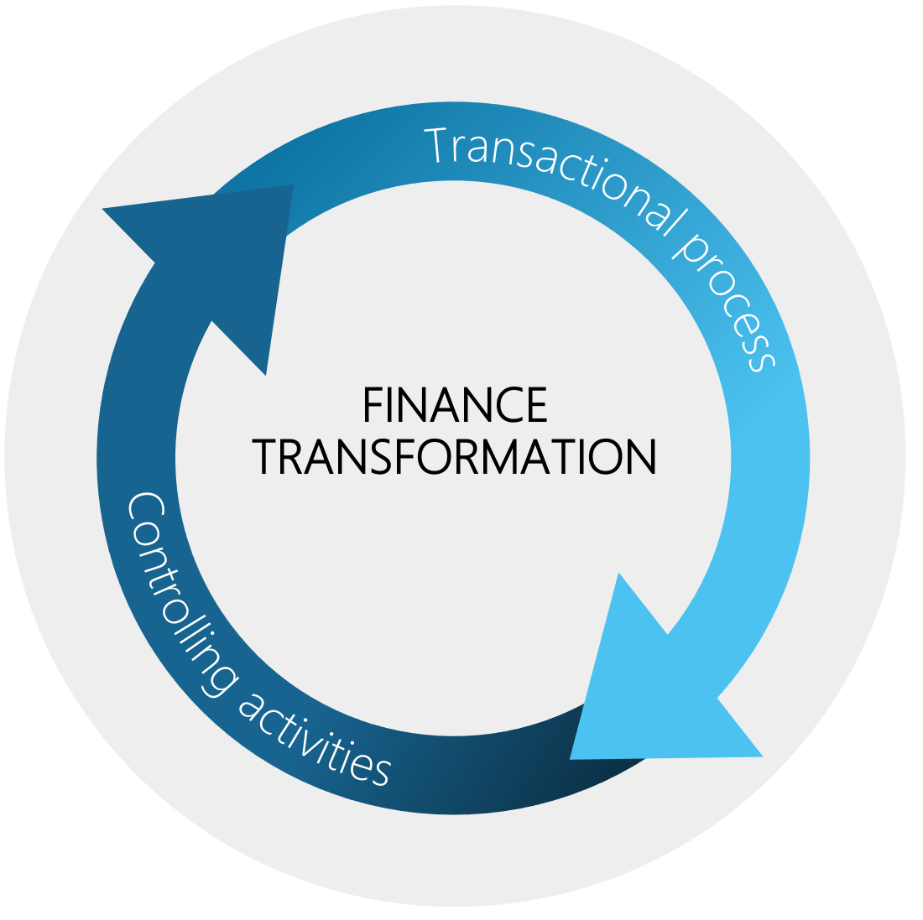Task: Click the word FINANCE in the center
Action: pos(455,405)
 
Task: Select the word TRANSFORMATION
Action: pos(455,456)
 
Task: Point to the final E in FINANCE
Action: pos(537,405)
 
